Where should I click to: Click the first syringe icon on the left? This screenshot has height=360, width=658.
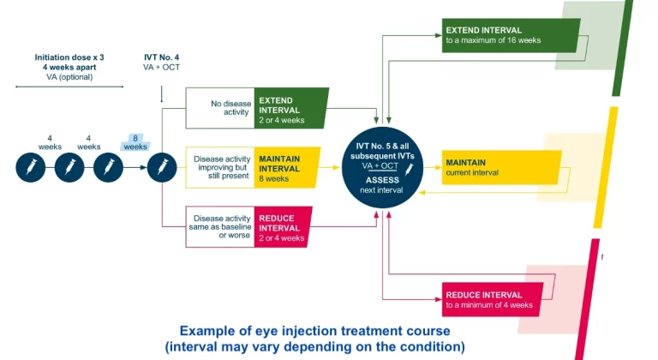point(30,167)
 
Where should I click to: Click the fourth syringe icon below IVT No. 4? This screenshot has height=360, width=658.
point(161,167)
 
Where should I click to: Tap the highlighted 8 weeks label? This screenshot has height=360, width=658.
point(135,141)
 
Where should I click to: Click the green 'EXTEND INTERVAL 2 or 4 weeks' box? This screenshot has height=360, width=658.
point(291,105)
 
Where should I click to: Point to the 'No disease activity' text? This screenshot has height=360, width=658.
point(231,106)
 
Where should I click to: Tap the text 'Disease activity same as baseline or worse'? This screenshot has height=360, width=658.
point(221,226)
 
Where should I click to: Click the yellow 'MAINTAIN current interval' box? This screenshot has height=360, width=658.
point(499,167)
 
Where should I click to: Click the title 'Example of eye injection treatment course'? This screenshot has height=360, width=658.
point(314,330)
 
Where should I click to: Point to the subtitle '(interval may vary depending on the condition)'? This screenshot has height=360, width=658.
point(314,347)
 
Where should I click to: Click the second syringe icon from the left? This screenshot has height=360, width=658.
point(69,167)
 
